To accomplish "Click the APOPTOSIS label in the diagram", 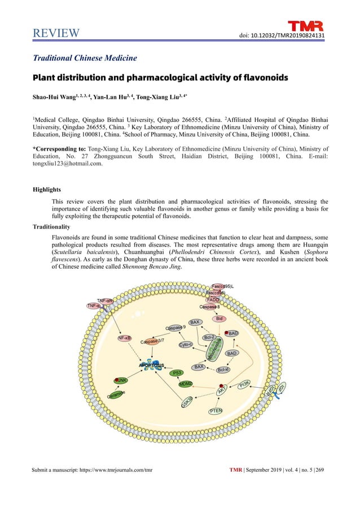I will coord(147,366).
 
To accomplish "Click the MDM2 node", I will coord(185,384).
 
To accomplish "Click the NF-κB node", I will coord(125,338).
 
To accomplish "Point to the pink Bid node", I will coord(219,319).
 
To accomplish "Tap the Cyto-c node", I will coord(186,344).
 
